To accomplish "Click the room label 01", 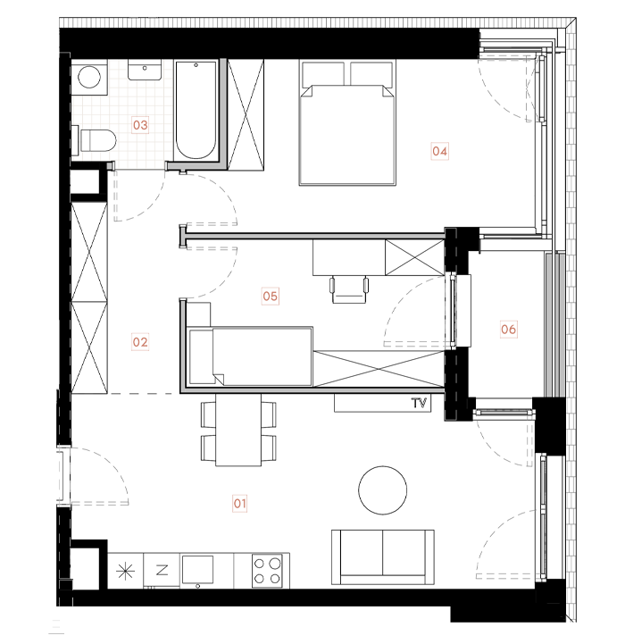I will [x=239, y=504].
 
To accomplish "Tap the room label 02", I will [x=140, y=340].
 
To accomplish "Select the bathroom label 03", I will [x=140, y=125].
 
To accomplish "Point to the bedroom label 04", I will [x=439, y=151].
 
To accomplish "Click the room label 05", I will [x=270, y=295].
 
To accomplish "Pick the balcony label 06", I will [x=508, y=330].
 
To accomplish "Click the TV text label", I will [x=418, y=403].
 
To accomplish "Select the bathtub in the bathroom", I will [x=196, y=111].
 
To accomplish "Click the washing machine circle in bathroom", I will [x=89, y=78].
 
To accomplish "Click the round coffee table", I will [x=383, y=489].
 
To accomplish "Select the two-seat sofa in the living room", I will [x=383, y=556].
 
